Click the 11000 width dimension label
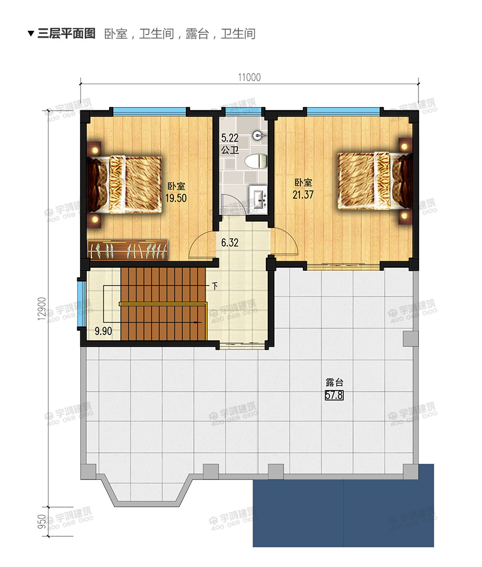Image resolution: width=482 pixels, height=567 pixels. (x=249, y=77)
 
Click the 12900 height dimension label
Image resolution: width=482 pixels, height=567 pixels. (x=42, y=308)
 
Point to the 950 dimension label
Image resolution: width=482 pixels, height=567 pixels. (x=42, y=521)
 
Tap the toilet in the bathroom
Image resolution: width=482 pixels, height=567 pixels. (x=256, y=161)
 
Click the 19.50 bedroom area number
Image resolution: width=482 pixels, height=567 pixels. (x=176, y=198)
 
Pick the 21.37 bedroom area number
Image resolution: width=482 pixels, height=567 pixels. (x=303, y=194)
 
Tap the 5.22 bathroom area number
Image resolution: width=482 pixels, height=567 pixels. (x=230, y=138)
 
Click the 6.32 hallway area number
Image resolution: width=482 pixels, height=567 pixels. (x=230, y=242)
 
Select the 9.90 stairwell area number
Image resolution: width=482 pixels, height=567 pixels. (x=103, y=331)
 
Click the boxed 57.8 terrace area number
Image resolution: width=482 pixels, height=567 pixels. (x=334, y=395)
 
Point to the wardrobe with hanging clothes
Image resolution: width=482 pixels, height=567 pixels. (x=128, y=250)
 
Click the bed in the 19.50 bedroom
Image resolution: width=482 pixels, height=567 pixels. (x=124, y=184)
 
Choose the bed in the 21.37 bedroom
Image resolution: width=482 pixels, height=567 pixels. (x=375, y=181)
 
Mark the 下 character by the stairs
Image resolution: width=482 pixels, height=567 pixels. (x=215, y=286)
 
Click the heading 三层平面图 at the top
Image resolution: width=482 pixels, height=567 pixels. (x=67, y=33)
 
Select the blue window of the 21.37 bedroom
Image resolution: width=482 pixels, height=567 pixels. (x=343, y=111)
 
